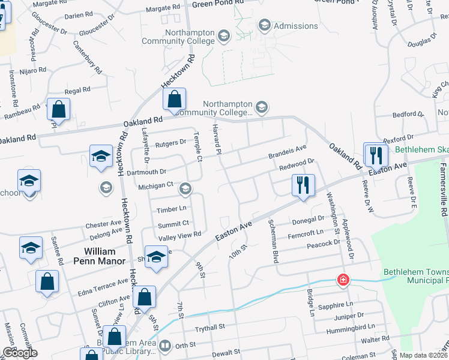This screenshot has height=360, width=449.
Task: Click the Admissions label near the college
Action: point(295,26)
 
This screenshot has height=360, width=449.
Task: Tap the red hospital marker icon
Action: point(343,280)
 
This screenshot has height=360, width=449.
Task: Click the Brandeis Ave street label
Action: point(287,150)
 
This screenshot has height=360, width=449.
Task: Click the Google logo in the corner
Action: point(20,353)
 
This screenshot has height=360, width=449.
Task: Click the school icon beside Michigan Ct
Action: point(185,190)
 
